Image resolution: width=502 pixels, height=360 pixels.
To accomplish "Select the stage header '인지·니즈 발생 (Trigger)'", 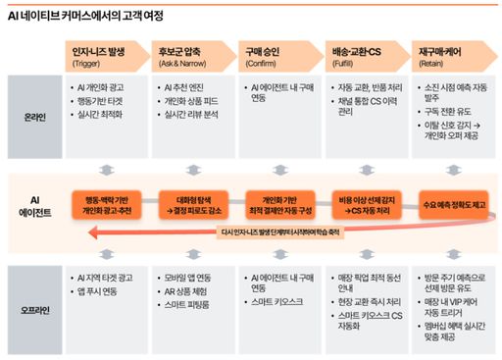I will pyautogui.click(x=99, y=55).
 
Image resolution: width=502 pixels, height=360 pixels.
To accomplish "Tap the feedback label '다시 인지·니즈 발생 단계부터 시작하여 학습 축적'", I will pyautogui.click(x=280, y=232).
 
